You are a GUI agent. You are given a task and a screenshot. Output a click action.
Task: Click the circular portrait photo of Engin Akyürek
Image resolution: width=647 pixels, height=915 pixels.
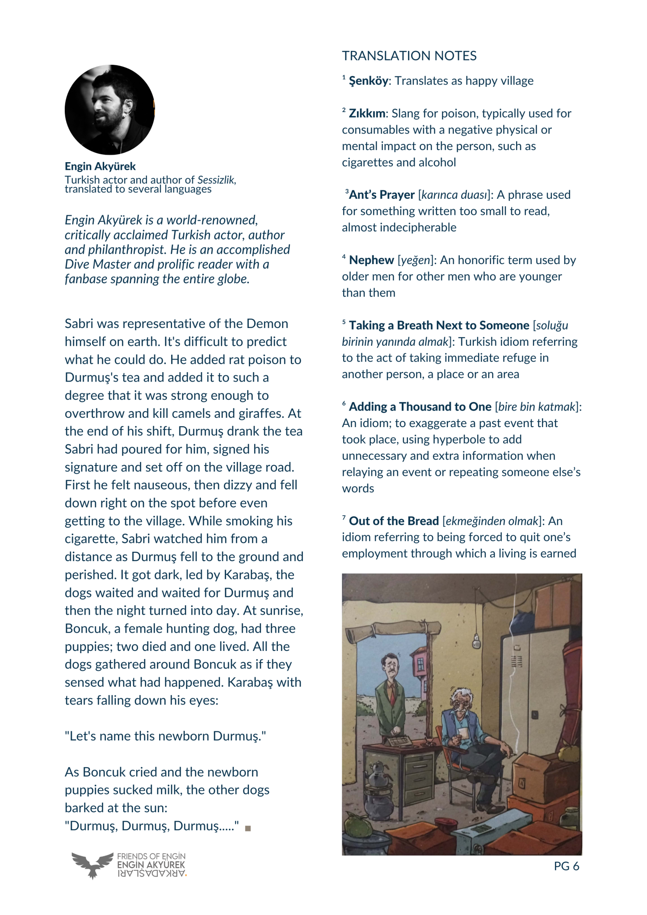tap(109, 110)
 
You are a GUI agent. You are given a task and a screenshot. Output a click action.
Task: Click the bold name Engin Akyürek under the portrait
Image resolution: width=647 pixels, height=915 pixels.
tap(100, 167)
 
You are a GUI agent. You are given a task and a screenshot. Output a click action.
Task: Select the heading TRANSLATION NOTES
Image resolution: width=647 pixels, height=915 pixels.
tap(409, 56)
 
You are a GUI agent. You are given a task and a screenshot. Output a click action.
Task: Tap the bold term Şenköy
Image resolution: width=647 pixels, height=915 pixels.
tap(369, 81)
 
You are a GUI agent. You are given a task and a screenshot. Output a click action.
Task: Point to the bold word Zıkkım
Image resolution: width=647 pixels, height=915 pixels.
tap(367, 113)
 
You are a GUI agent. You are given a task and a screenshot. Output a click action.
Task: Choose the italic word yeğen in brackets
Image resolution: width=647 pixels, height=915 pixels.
tap(415, 260)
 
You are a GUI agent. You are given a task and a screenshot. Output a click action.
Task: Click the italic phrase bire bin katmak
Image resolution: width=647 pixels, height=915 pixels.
tap(536, 407)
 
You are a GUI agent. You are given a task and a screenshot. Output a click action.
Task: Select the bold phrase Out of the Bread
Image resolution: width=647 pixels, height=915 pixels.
tap(394, 521)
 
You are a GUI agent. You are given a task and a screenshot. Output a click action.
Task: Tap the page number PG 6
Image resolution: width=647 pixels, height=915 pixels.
tap(566, 866)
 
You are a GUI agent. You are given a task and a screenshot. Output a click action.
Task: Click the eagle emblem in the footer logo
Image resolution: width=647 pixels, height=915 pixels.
tap(92, 864)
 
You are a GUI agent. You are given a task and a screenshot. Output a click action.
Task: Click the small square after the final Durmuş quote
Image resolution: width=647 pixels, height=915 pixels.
tap(248, 828)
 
